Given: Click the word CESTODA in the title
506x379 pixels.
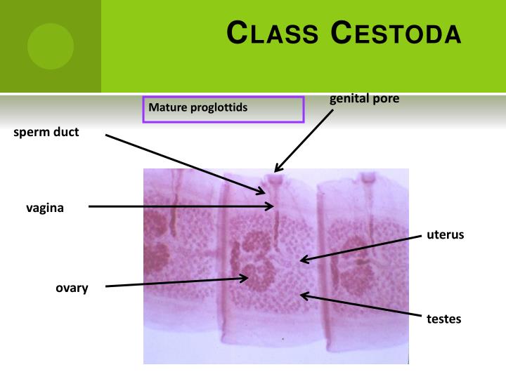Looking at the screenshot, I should coord(396,33).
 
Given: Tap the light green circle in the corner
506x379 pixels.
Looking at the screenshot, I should coord(51,46).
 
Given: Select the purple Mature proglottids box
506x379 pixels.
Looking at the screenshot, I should coord(223,109).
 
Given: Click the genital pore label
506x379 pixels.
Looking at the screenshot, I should coord(364,99).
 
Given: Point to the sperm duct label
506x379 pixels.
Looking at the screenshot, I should coord(46,132).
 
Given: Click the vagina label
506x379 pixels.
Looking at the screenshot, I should coord(45,207).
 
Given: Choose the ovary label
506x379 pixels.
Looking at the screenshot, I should coord(72,288).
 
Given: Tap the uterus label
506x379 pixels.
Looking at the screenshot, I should coord(445,234).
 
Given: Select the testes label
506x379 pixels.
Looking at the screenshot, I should coord(443,319).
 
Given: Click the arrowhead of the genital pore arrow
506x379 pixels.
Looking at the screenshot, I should coord(276,171).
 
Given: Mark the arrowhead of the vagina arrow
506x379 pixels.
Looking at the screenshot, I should coord(272,206).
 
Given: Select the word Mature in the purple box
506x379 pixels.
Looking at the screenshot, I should coord(166,109).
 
